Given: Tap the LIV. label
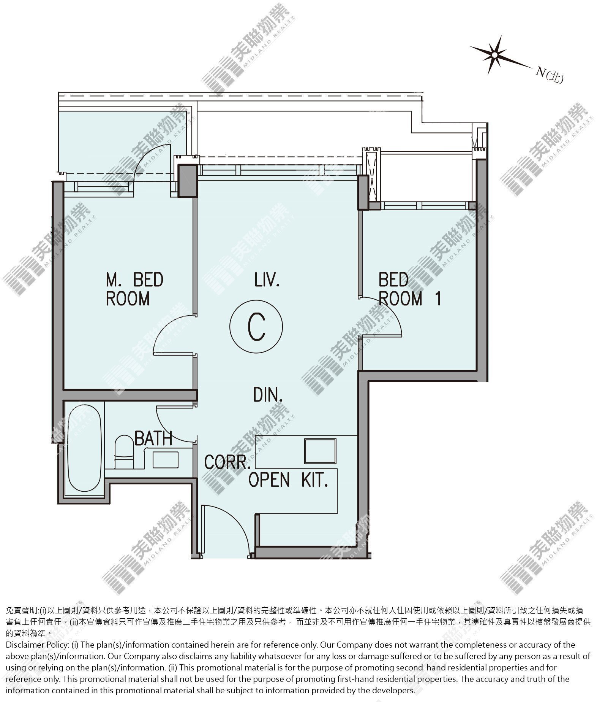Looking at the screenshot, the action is point(267,280).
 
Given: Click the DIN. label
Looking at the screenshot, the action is point(268,395).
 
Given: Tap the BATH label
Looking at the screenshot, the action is point(153,438).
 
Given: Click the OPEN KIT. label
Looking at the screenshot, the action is point(288,480).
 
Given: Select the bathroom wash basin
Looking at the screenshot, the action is point(166,459).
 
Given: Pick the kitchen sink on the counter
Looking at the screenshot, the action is point(320,451).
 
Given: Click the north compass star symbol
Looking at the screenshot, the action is point(494,55).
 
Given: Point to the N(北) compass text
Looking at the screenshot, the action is point(549,75).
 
